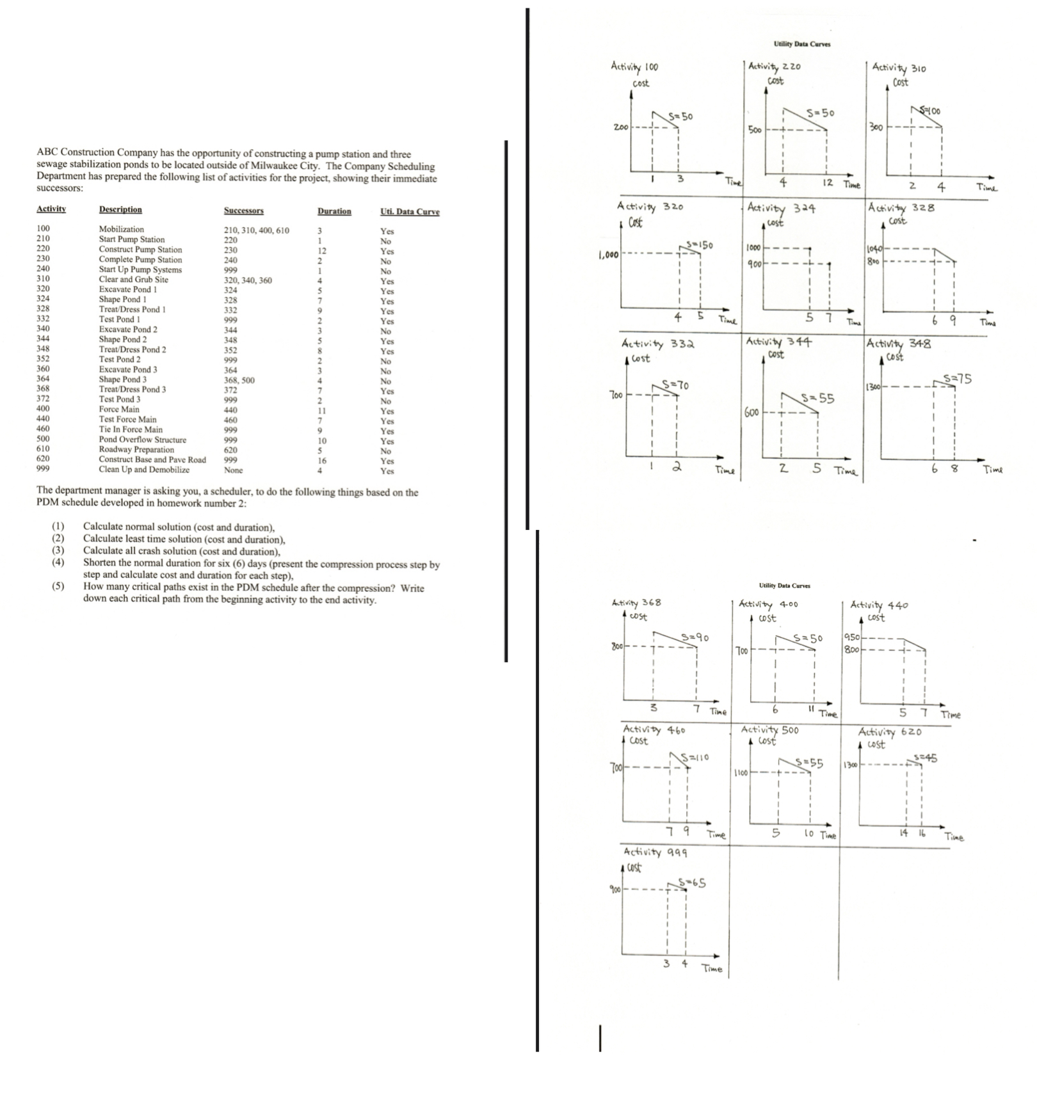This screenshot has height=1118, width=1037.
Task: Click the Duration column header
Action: point(334,211)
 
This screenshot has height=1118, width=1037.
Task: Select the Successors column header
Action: point(243,211)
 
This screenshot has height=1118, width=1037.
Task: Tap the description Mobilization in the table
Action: point(121,229)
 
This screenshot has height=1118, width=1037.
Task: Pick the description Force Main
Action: point(118,410)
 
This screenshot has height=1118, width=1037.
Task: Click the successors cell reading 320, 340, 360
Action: point(248,280)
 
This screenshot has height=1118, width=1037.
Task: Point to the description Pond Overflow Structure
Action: point(142,440)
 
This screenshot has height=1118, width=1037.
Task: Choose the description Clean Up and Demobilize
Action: point(144,470)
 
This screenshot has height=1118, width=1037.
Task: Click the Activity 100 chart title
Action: point(634,67)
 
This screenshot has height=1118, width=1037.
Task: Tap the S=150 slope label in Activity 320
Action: point(699,244)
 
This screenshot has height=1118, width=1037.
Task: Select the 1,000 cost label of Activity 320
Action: point(607,255)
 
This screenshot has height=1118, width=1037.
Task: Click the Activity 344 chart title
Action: point(779,342)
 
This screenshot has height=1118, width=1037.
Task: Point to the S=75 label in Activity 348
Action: point(958,379)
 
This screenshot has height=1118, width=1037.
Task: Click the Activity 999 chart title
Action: point(655,852)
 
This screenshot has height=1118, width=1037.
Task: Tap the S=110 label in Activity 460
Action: point(695,758)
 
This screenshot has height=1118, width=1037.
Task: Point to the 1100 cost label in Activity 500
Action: point(741,773)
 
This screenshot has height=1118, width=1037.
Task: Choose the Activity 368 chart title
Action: point(636,603)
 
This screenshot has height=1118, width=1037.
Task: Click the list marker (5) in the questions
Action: point(58,587)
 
